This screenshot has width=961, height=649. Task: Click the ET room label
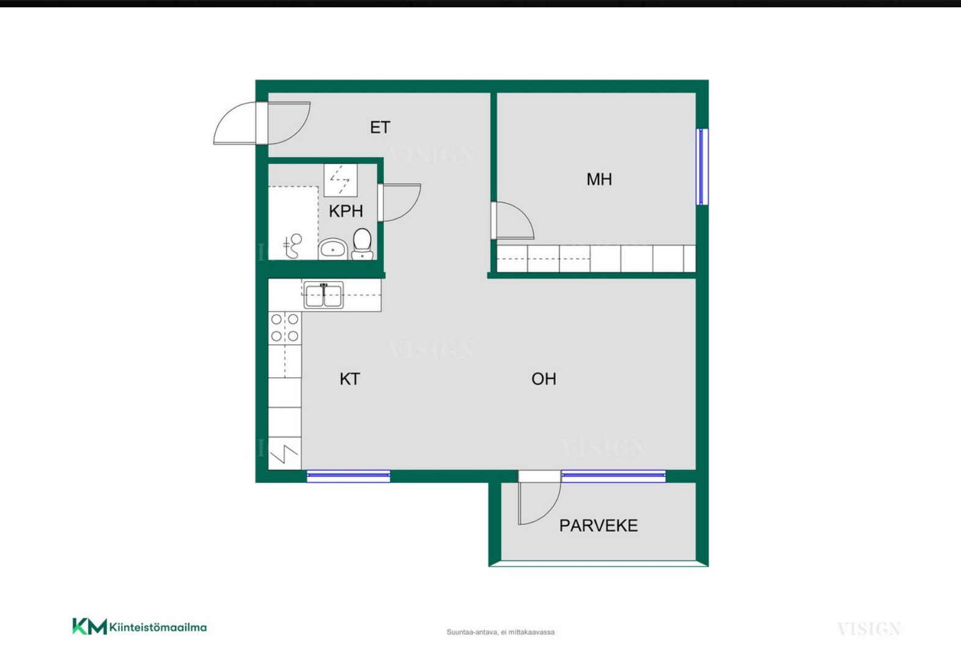coord(380,127)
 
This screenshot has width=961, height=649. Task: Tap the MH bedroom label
coord(599,179)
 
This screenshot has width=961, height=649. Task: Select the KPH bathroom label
coord(346,211)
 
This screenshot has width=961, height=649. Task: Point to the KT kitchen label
coord(350,379)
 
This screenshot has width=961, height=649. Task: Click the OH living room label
coord(543,379)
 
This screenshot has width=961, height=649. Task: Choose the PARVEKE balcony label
coord(598,526)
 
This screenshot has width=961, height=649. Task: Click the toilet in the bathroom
coord(362,244)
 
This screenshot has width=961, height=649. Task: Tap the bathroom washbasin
coord(333,249)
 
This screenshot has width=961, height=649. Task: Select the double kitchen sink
coord(323,295)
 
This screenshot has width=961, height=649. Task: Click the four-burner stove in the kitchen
coord(285,328)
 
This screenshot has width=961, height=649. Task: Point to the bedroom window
coord(702,167)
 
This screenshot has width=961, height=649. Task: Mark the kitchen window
coord(348,476)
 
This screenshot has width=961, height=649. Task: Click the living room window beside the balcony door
coord(614,476)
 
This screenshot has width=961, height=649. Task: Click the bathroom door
coord(399,202)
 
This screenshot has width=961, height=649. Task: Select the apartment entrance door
coord(262,123)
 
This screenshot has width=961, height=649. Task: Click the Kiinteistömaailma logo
coord(139,627)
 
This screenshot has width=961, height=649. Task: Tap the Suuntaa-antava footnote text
coord(500,632)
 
